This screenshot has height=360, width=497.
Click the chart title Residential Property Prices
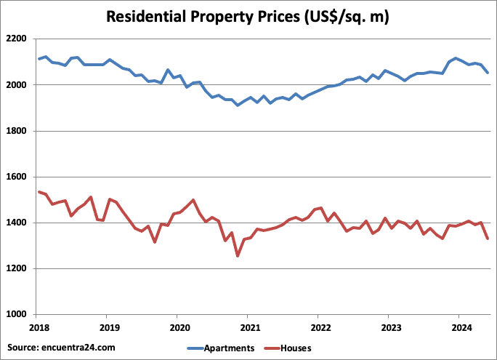[x=248, y=16]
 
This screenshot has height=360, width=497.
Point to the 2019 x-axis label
[x=107, y=327]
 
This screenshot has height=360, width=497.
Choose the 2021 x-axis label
[x=248, y=327]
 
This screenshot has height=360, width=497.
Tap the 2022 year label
[x=318, y=327]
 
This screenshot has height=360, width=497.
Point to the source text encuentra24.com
[x=62, y=348]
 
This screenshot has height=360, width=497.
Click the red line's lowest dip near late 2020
[x=237, y=256]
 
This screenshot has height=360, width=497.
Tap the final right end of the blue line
[x=487, y=73]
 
